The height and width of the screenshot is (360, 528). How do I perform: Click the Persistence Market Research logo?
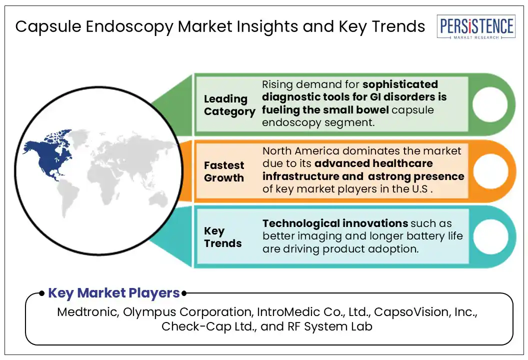pos(476,26)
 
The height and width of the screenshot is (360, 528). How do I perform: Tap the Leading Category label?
pos(229,105)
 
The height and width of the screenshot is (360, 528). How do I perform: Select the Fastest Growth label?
pos(224,171)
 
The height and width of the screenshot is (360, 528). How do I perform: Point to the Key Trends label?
pos(222,237)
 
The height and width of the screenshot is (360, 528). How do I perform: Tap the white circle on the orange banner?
pos(490,171)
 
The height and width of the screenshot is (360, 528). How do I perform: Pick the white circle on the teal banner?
pos(490,236)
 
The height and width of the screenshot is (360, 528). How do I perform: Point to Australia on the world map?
pos(158,199)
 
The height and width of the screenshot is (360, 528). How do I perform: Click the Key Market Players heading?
pos(114,293)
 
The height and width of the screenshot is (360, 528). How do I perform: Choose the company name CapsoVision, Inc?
pos(425,312)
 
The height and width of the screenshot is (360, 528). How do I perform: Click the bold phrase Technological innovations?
pos(335,223)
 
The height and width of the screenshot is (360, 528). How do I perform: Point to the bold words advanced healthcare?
pos(373,163)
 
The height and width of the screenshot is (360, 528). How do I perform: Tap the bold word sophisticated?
pos(400,84)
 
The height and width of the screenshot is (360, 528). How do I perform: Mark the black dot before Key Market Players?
pos(42,293)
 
